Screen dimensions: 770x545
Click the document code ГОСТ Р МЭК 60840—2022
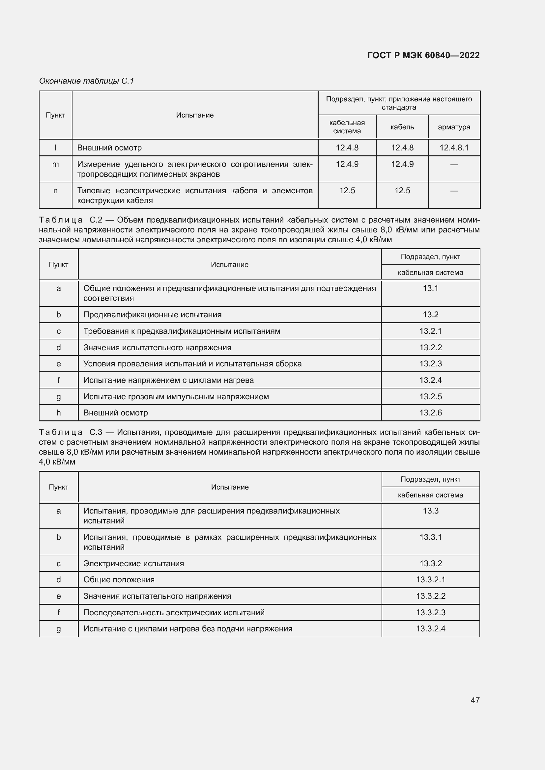click(423, 55)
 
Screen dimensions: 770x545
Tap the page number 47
click(475, 700)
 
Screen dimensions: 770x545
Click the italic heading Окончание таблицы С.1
click(87, 81)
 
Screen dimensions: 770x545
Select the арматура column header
click(454, 127)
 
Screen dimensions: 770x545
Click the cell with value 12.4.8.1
click(454, 147)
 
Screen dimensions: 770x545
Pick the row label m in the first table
click(55, 164)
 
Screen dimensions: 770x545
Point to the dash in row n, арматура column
click(454, 191)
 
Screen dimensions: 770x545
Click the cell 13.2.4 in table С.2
click(430, 380)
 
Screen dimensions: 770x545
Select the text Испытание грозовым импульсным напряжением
click(176, 396)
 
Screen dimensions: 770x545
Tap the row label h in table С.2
click(58, 412)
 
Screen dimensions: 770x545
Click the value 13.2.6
click(430, 412)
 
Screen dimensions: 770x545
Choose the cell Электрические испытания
click(133, 563)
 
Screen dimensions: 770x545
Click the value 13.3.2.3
click(431, 612)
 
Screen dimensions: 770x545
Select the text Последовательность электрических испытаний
click(174, 612)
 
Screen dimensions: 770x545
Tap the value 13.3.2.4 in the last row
click(431, 628)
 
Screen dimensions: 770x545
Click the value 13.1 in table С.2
click(430, 288)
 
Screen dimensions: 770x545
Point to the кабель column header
click(402, 127)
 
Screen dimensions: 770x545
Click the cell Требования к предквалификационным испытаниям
click(182, 331)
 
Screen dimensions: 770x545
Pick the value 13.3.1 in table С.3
click(431, 537)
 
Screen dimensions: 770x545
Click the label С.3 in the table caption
click(96, 432)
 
